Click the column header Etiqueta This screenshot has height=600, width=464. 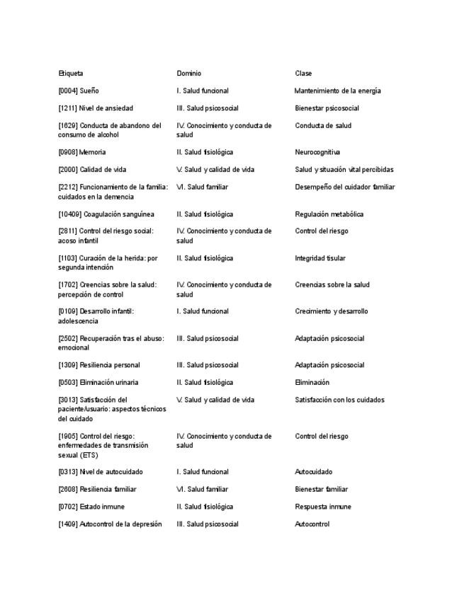click(x=71, y=74)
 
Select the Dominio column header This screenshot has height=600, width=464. click(x=188, y=74)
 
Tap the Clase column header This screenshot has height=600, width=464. click(x=303, y=74)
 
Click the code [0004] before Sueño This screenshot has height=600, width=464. click(x=68, y=91)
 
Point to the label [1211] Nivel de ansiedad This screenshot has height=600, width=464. click(x=96, y=108)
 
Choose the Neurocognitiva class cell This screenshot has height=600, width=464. click(x=317, y=152)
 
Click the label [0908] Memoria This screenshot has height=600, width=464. click(x=82, y=152)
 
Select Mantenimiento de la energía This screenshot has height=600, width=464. click(x=337, y=91)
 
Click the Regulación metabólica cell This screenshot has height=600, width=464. click(x=329, y=214)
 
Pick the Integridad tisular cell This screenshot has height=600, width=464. click(x=320, y=258)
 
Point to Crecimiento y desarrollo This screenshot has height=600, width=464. click(x=331, y=311)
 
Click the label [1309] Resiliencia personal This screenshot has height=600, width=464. click(x=99, y=365)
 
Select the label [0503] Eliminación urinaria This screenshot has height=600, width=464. click(x=98, y=383)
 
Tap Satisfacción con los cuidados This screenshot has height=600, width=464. click(x=339, y=400)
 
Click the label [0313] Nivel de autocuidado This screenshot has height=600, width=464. click(x=101, y=472)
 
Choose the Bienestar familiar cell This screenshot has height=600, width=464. click(x=321, y=490)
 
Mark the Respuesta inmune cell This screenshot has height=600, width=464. click(x=322, y=507)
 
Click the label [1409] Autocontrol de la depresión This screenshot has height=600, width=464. click(x=110, y=524)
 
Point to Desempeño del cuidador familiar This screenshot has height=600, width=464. click(x=344, y=187)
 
